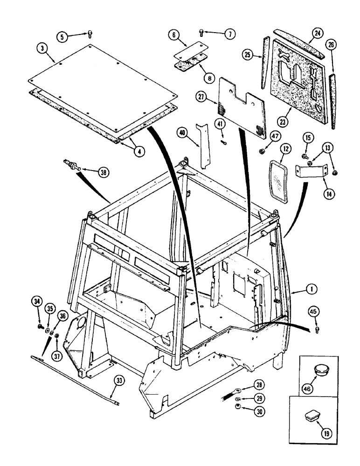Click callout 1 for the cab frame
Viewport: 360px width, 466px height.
pos(312,289)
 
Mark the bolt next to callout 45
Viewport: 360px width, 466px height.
pos(317,329)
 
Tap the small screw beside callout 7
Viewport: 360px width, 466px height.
pos(201,32)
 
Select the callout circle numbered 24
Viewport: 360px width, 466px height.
pos(318,34)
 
